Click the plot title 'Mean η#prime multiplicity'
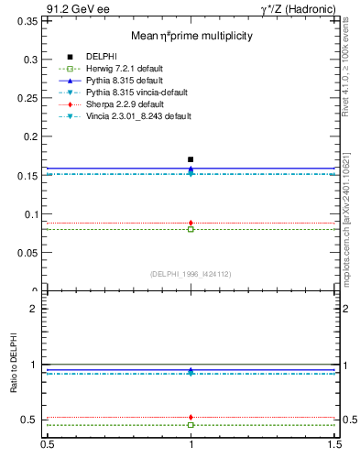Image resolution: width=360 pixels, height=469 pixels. (x=191, y=36)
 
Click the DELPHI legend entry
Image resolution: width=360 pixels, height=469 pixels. (x=100, y=57)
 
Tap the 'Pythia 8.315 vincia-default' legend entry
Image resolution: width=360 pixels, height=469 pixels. (x=136, y=93)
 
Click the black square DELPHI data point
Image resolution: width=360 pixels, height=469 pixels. (x=191, y=159)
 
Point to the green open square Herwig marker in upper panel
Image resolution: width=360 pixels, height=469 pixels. (x=191, y=229)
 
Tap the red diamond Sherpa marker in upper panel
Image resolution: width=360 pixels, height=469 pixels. (x=191, y=223)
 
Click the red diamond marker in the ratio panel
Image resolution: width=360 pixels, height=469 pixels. (x=191, y=417)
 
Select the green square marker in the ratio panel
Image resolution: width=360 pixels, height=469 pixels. (x=191, y=425)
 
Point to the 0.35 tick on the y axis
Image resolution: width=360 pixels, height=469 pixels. (x=29, y=20)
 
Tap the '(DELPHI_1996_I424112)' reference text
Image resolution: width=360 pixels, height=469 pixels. (x=191, y=274)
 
